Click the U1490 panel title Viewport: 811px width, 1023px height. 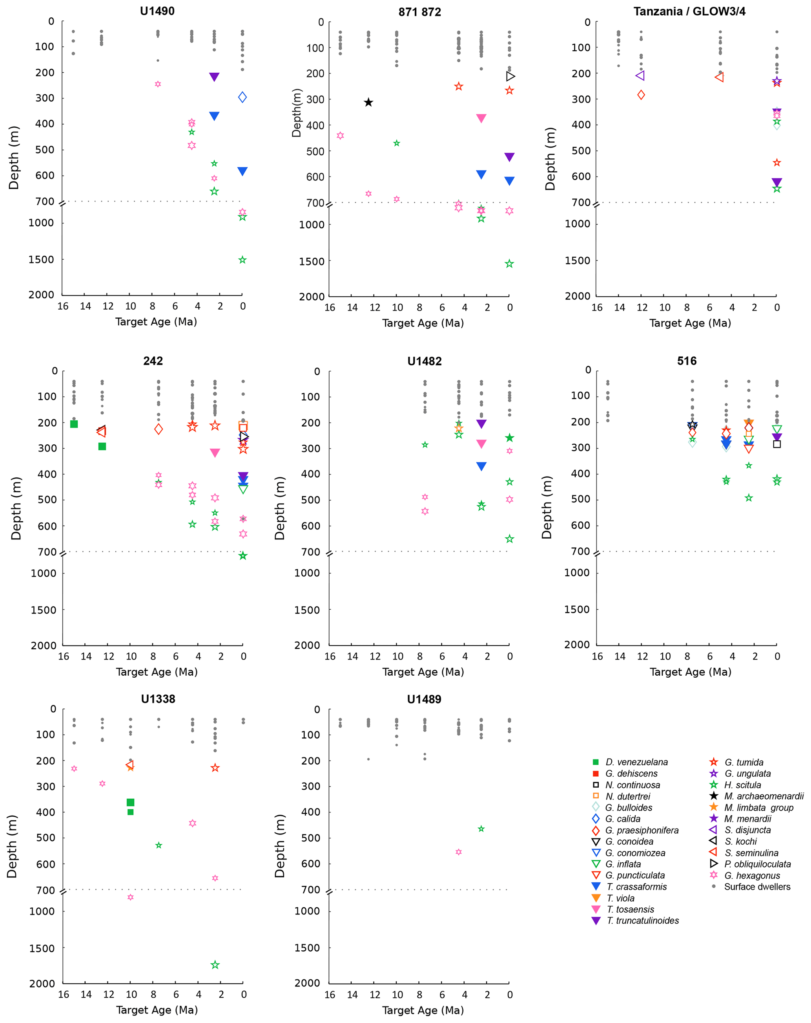(x=157, y=11)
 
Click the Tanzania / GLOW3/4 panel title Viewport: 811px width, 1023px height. (x=689, y=11)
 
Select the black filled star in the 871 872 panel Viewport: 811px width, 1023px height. (x=368, y=103)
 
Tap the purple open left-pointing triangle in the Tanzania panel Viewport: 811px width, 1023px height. (x=640, y=75)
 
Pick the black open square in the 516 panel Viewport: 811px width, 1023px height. (x=776, y=444)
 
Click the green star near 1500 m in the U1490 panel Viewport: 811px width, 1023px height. (x=242, y=260)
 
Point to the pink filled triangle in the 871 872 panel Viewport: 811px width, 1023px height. (x=481, y=118)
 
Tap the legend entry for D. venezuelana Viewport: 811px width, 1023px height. (x=636, y=762)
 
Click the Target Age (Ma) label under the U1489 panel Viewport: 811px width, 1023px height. (x=423, y=1010)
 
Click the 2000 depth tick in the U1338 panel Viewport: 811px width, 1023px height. (x=42, y=984)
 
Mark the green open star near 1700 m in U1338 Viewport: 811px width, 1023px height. (x=215, y=964)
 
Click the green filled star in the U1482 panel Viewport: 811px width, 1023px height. (x=510, y=438)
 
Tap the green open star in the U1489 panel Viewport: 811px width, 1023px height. (x=481, y=829)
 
